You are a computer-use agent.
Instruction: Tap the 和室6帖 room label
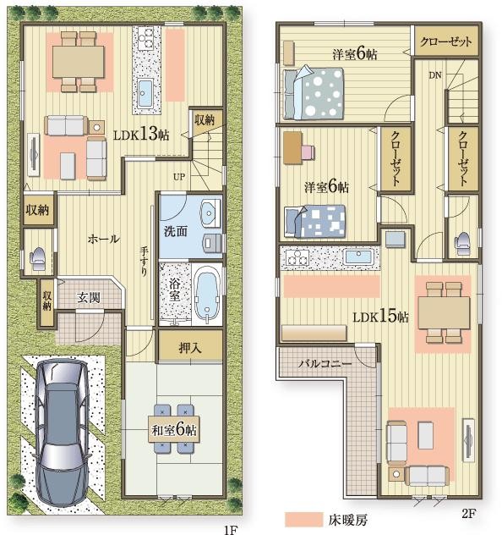tap(174, 429)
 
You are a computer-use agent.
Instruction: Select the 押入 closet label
tap(190, 349)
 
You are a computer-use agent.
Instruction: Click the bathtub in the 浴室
tap(206, 295)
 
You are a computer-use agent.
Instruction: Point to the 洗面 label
tap(176, 231)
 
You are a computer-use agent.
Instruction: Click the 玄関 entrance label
tap(89, 297)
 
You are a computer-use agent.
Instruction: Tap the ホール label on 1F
tap(104, 239)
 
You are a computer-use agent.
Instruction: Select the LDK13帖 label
tap(141, 134)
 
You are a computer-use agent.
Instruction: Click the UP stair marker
tap(179, 177)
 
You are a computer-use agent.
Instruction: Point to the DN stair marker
tap(435, 75)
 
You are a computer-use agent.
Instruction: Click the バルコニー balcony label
tap(325, 364)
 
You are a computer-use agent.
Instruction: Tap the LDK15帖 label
tap(380, 317)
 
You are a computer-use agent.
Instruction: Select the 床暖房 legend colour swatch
tap(303, 519)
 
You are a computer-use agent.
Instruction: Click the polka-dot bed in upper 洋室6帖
tap(313, 93)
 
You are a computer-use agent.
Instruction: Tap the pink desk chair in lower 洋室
tap(308, 152)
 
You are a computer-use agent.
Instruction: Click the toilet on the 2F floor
tap(462, 243)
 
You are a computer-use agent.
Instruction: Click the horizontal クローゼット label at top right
tap(446, 41)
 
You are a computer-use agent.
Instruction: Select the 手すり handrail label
tap(144, 262)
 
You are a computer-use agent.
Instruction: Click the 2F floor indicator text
tap(469, 514)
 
